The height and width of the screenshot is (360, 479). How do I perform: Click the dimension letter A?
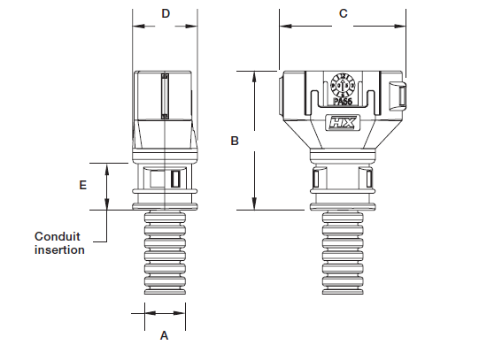(163, 336)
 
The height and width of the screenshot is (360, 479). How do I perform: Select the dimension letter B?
(234, 141)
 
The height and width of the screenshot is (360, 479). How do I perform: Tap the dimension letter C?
(343, 13)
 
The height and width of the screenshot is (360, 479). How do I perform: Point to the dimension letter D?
(165, 13)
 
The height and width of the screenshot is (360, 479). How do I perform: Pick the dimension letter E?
(82, 186)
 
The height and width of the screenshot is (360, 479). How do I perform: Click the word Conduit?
(56, 236)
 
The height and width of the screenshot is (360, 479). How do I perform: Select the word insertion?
(59, 250)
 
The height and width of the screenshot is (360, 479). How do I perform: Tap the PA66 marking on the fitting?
(343, 103)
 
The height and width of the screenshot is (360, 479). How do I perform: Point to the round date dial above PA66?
(343, 86)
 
